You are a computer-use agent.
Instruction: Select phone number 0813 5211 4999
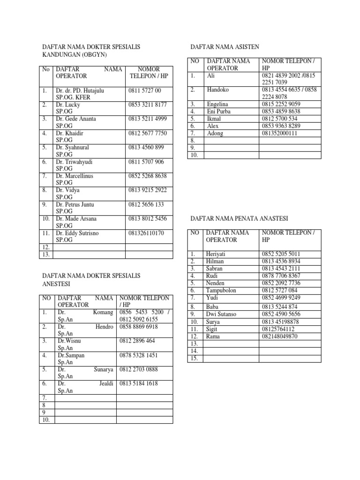point(147,119)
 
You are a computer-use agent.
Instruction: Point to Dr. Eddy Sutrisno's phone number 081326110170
point(146,233)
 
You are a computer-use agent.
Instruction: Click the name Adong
point(215,133)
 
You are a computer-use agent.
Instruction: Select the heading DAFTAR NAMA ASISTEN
point(225,47)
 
